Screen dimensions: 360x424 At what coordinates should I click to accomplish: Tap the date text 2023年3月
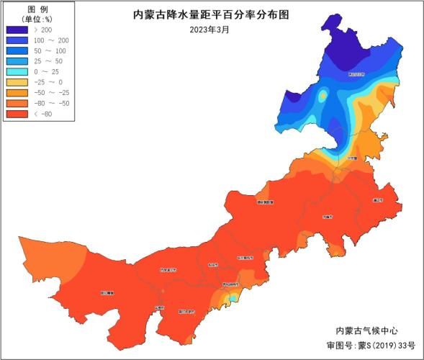[x=209, y=29]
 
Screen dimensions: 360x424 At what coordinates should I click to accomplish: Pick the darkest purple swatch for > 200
[x=17, y=30]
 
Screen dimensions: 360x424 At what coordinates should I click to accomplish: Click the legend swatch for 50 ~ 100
[x=17, y=51]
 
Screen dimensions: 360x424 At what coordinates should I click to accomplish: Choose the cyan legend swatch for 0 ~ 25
[x=17, y=72]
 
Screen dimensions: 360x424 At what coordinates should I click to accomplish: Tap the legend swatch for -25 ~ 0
[x=17, y=83]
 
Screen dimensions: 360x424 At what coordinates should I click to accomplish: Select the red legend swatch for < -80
[x=17, y=114]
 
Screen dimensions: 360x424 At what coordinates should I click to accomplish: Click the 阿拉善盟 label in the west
[x=107, y=293]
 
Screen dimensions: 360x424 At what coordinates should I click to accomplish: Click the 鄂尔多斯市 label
[x=186, y=311]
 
